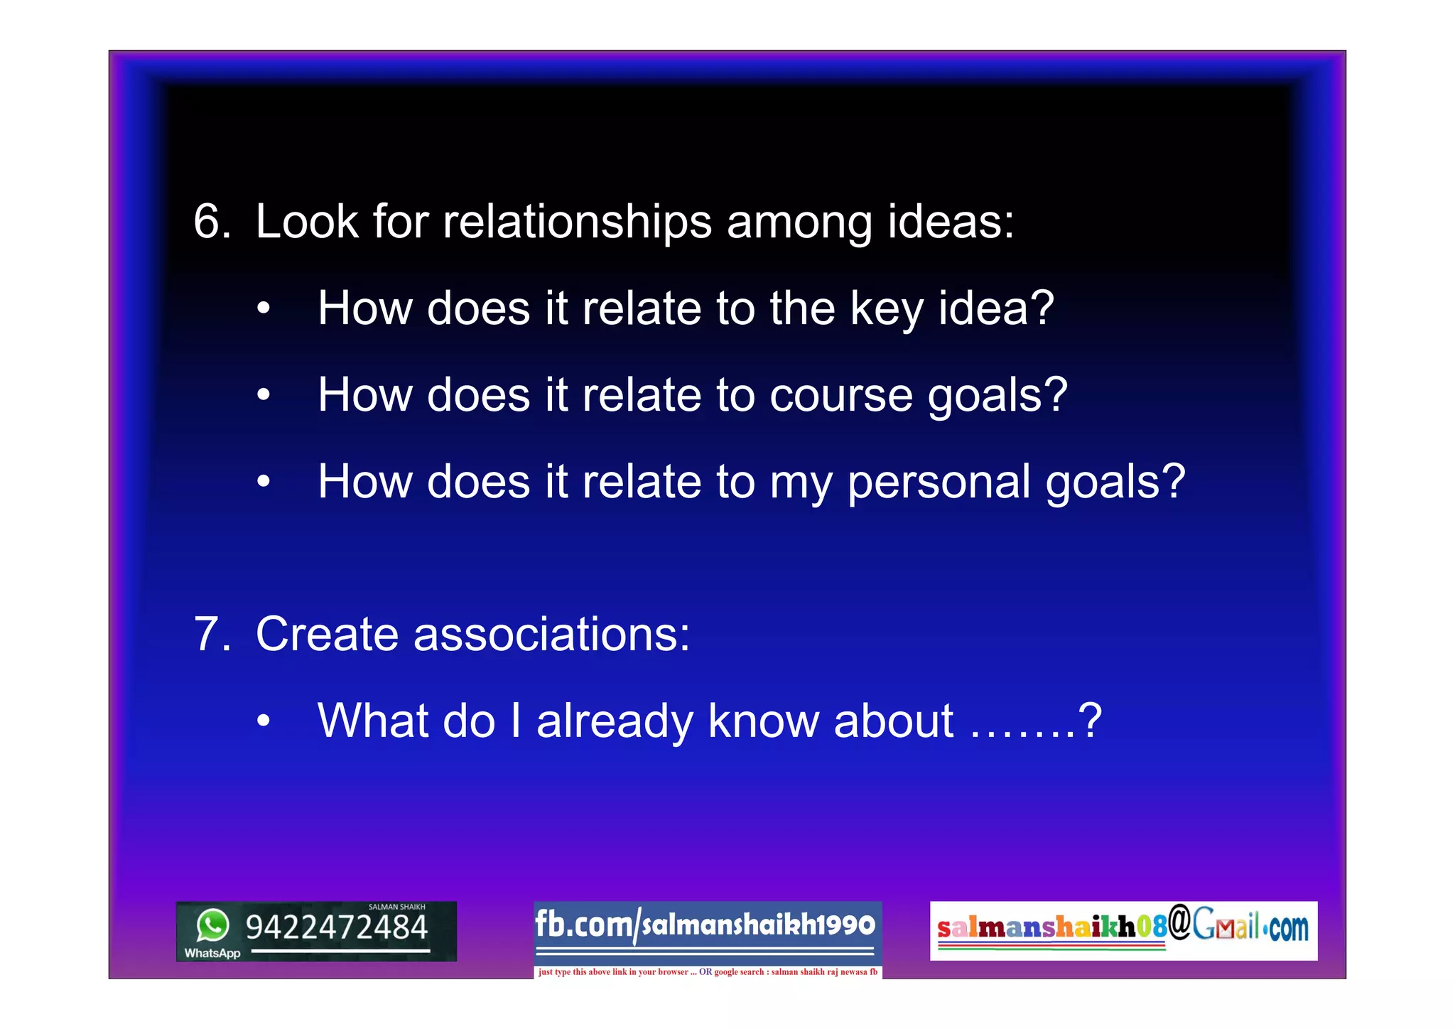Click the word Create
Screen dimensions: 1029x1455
click(x=326, y=634)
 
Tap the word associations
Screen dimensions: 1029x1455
click(x=551, y=634)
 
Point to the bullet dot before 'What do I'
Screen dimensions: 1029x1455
click(x=264, y=721)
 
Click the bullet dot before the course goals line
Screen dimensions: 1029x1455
click(x=264, y=394)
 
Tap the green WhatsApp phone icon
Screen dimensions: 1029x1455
click(x=213, y=925)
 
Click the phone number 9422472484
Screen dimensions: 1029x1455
click(x=337, y=927)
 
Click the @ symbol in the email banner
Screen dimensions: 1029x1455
click(x=1179, y=922)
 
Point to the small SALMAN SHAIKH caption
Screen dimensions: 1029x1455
click(x=396, y=907)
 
